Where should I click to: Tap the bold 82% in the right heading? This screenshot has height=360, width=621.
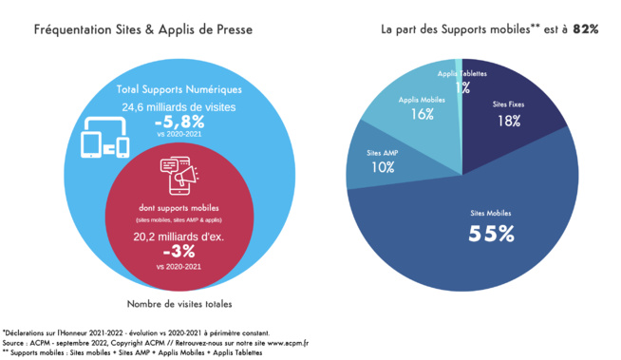(x=585, y=29)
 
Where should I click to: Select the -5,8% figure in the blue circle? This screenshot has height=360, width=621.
(x=179, y=122)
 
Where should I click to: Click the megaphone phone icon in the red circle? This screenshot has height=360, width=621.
(x=179, y=176)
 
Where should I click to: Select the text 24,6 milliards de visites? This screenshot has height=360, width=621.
(x=179, y=106)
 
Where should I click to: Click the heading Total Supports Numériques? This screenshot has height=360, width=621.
(x=179, y=89)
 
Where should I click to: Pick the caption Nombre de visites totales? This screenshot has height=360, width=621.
(x=179, y=304)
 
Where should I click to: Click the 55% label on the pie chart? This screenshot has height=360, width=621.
(x=491, y=234)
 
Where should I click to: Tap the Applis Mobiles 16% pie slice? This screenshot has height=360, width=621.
(x=419, y=109)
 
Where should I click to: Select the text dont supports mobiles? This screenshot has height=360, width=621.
(x=179, y=207)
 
